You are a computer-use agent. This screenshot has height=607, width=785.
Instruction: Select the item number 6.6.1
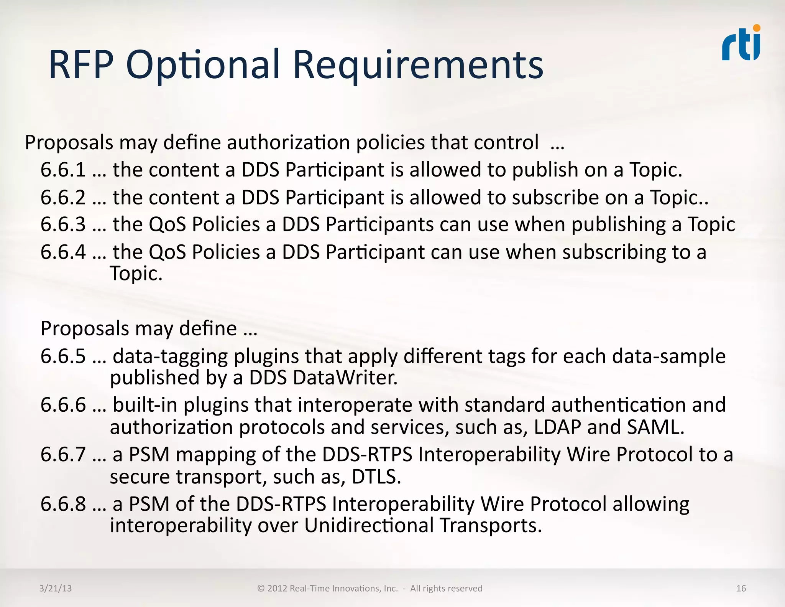pos(63,170)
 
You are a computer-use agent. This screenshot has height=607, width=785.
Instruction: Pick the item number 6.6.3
pos(63,224)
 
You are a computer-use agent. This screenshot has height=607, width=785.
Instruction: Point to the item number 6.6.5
pos(63,356)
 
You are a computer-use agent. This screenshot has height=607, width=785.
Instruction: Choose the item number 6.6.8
pos(63,504)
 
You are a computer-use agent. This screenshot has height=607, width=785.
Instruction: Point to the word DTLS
pos(376,477)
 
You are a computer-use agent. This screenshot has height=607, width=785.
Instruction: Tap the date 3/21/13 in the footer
pos(56,588)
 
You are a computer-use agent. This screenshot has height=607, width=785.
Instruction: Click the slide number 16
pos(741,588)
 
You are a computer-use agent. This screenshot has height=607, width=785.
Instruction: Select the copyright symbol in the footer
pos(261,588)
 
